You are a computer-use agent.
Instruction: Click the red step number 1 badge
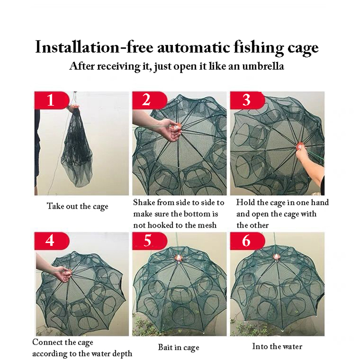(50, 100)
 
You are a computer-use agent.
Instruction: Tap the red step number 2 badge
(146, 100)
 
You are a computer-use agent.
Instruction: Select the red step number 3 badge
(246, 100)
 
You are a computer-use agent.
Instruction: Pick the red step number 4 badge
(50, 241)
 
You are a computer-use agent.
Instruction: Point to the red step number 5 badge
(148, 241)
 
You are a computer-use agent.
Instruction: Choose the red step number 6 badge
(246, 241)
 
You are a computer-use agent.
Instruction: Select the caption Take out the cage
(77, 207)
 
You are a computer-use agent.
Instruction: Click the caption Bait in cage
(178, 347)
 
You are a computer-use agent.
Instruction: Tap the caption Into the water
(277, 346)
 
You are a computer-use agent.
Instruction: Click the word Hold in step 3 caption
(245, 202)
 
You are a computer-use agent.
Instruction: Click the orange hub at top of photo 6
(276, 257)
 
